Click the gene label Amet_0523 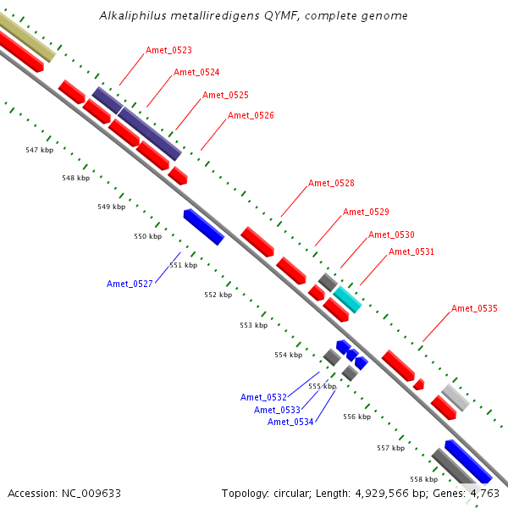(168, 51)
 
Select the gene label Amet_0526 (251, 115)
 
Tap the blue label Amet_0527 (130, 284)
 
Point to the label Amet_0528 (331, 183)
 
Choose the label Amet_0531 (411, 251)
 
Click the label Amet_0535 (474, 308)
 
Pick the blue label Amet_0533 (277, 410)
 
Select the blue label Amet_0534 (290, 422)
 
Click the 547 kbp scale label (39, 150)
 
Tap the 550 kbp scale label (147, 236)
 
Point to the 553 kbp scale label (253, 325)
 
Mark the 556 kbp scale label (356, 417)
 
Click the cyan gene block (347, 299)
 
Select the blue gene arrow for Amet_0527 (203, 227)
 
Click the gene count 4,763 (484, 493)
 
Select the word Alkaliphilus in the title (131, 15)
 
